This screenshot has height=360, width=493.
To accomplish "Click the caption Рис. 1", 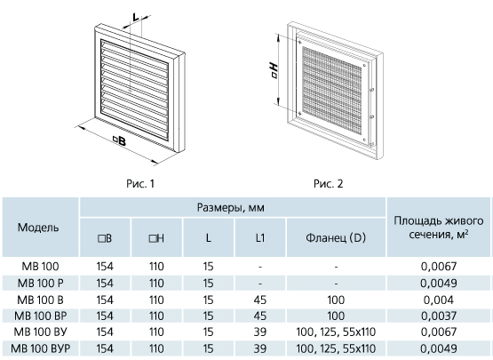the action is (140, 183).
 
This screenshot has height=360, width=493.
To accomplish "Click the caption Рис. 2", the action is (329, 183).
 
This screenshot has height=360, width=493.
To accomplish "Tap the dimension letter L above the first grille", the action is (136, 17).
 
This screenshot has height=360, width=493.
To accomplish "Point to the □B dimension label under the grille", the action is (120, 140).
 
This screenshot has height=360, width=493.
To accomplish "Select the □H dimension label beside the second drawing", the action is (274, 70).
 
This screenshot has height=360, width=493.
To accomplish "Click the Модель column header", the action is (38, 228).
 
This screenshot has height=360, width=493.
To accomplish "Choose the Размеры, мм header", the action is (231, 207).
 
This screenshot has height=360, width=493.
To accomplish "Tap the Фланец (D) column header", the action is (336, 237).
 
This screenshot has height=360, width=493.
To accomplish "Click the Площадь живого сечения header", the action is (439, 228).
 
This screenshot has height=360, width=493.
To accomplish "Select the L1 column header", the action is (260, 238).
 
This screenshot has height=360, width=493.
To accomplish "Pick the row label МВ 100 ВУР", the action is (41, 348).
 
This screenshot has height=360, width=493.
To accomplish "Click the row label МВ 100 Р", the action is (41, 284).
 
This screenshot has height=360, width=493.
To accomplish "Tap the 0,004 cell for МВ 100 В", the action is (439, 300).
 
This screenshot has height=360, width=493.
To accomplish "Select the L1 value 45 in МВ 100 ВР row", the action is (260, 316).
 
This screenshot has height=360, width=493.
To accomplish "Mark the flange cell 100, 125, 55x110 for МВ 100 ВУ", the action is (336, 332).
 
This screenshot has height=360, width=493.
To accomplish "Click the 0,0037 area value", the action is (439, 316).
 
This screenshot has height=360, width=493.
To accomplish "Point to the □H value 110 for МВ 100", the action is (156, 267).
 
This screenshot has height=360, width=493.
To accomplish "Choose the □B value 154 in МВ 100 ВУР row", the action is (105, 348).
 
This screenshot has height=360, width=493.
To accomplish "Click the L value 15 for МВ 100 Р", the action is (208, 284).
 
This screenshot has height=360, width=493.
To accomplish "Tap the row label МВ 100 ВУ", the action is (41, 332).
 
